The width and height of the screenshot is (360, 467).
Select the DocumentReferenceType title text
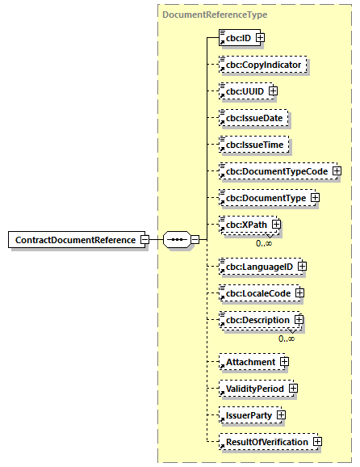tap(215, 15)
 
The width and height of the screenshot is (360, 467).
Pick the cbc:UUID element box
tap(241, 91)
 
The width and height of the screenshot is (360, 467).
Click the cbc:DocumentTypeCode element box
tap(274, 171)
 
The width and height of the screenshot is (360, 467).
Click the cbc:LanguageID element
tap(257, 265)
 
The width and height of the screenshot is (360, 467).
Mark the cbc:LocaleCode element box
tap(257, 292)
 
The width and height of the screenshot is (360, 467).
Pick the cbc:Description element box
tap(256, 320)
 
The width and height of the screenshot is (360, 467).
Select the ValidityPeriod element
tap(253, 388)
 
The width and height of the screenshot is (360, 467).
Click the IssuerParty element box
tap(247, 414)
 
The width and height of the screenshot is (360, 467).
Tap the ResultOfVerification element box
tap(266, 442)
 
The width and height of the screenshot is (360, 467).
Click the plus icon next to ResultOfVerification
tap(317, 441)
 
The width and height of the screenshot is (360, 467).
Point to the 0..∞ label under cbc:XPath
tap(263, 242)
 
